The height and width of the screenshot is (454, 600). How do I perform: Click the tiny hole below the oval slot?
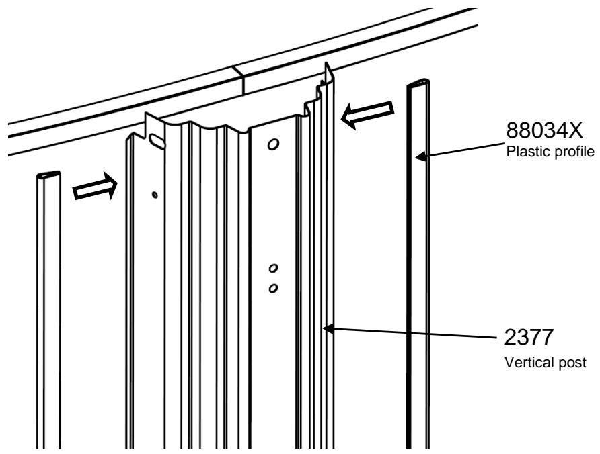pos(155,195)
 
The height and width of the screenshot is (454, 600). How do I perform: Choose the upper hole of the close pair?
pos(272,269)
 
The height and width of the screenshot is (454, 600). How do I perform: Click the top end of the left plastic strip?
pos(48,175)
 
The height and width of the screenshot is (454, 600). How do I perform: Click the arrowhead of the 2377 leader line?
pos(326,328)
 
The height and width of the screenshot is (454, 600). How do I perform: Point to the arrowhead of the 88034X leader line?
pos(419,158)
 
